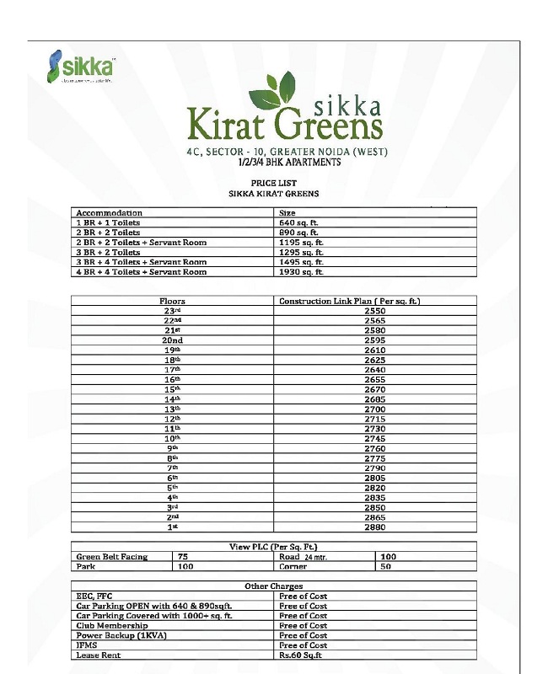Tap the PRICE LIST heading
[274, 183]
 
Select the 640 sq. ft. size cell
[298, 222]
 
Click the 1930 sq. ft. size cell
[301, 272]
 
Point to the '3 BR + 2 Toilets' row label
[108, 252]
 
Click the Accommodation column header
[109, 213]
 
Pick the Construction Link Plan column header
[349, 301]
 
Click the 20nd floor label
[173, 340]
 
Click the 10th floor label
[172, 438]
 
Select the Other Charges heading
[274, 586]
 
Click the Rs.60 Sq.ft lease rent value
[300, 655]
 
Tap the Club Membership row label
[111, 625]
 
